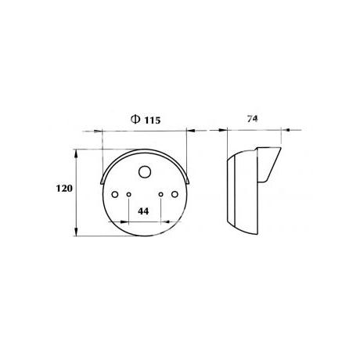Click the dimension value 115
click(x=153, y=121)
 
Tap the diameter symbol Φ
click(x=135, y=119)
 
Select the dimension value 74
click(x=252, y=119)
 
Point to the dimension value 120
click(x=64, y=188)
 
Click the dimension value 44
click(x=143, y=211)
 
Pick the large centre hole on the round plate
click(x=145, y=172)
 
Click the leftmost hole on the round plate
click(x=115, y=194)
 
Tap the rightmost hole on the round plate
click(x=175, y=194)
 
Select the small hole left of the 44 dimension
click(x=128, y=194)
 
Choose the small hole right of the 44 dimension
click(x=161, y=194)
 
